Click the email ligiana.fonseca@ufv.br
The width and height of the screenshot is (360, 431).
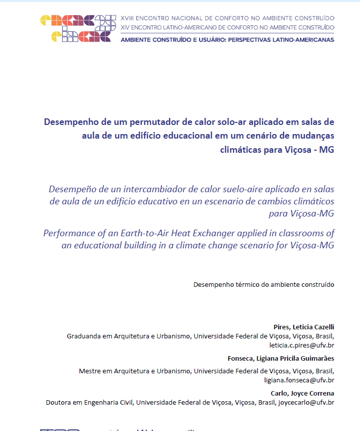pos(299,380)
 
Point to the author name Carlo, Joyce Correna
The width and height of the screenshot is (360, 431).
pos(302,393)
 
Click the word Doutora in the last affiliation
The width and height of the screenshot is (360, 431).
pos(59,403)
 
